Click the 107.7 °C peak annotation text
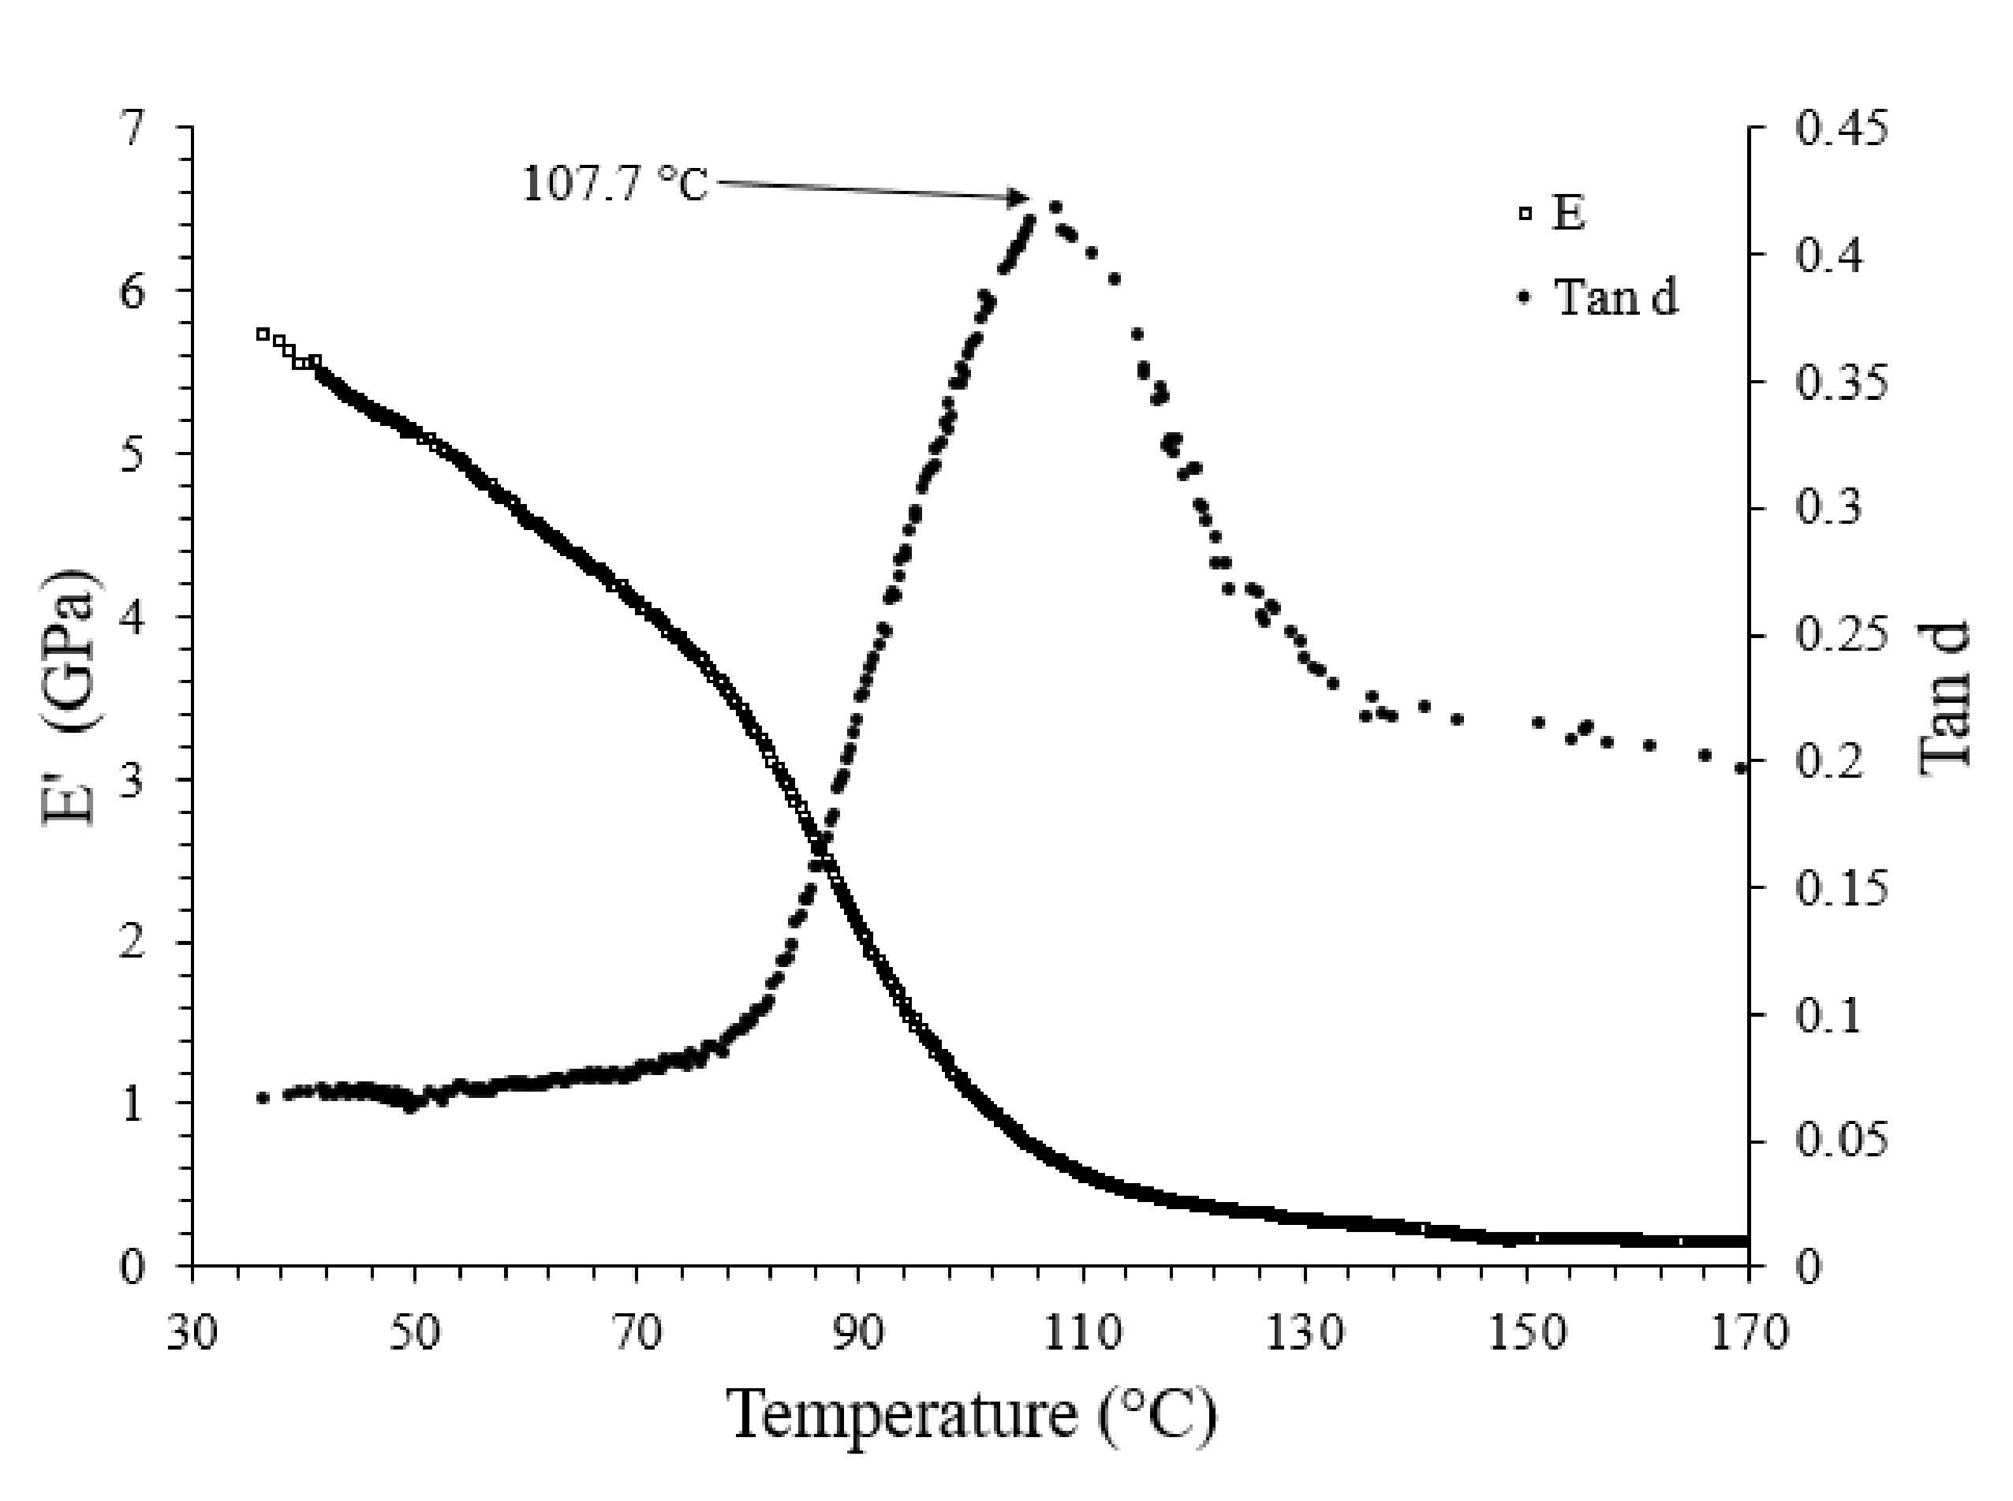pyautogui.click(x=614, y=185)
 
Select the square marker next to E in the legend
pyautogui.click(x=1526, y=215)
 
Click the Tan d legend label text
pyautogui.click(x=1616, y=297)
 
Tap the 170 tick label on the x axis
pyautogui.click(x=1748, y=1334)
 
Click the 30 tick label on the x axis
pyautogui.click(x=192, y=1334)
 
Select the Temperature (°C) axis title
pyautogui.click(x=972, y=1416)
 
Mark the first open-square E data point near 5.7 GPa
pyautogui.click(x=263, y=334)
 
